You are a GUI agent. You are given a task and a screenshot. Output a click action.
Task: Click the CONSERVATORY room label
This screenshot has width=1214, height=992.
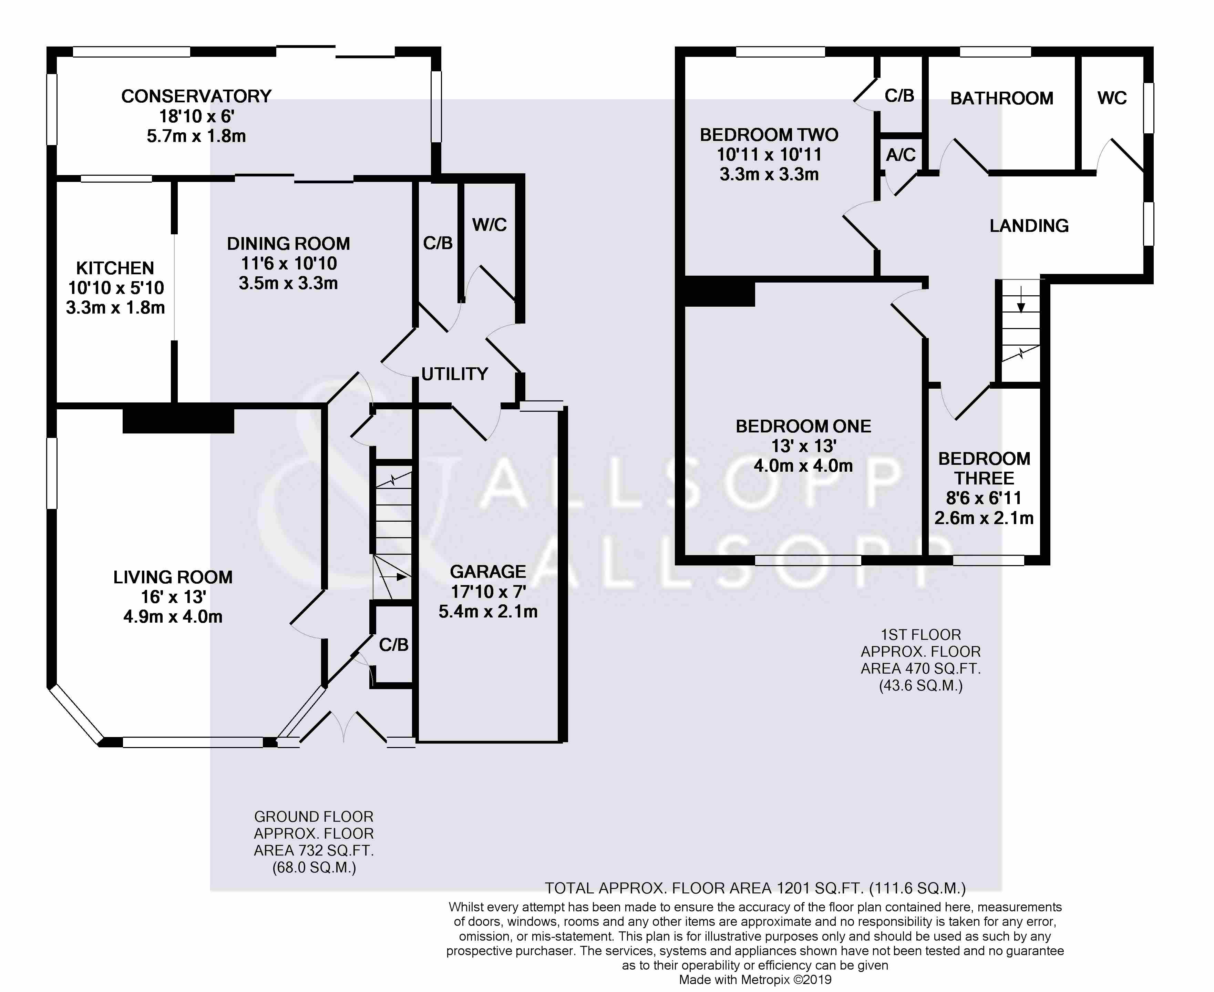196,96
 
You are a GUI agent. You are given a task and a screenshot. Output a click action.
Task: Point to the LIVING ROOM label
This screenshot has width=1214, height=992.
173,577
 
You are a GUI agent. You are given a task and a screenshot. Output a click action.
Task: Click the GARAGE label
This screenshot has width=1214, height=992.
488,571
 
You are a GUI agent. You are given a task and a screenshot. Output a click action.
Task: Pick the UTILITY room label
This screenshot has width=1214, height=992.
455,374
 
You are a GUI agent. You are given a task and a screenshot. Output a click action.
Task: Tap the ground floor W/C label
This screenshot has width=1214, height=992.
490,225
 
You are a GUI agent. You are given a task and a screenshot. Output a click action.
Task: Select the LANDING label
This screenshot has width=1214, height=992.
1029,226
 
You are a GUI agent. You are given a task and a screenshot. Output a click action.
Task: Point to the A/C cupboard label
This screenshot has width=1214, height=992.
901,154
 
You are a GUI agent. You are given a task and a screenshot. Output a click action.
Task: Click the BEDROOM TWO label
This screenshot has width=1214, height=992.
769,135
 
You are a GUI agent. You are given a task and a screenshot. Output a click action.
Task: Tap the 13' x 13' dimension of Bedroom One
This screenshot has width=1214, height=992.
803,446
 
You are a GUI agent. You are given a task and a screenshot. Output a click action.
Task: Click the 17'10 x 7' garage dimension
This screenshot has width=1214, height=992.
488,591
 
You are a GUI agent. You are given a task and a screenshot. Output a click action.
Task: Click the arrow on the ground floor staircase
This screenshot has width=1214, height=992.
394,577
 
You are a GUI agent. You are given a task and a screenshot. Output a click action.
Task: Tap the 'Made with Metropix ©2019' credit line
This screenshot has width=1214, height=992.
755,980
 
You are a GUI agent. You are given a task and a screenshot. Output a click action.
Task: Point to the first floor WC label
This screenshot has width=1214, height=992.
1112,98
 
